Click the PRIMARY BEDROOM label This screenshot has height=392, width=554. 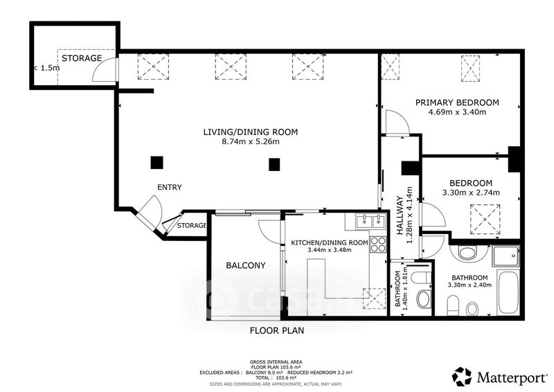457,103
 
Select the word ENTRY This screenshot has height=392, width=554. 169,187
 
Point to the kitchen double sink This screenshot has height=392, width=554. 369,222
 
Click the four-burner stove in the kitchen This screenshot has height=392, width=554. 378,244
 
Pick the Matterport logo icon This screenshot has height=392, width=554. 462,376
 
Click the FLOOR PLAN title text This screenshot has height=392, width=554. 277,331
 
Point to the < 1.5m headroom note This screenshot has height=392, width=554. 46,68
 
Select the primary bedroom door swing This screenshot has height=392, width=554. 397,123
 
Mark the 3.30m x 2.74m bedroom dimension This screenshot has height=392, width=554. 471,193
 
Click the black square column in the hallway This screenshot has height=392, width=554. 408,167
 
